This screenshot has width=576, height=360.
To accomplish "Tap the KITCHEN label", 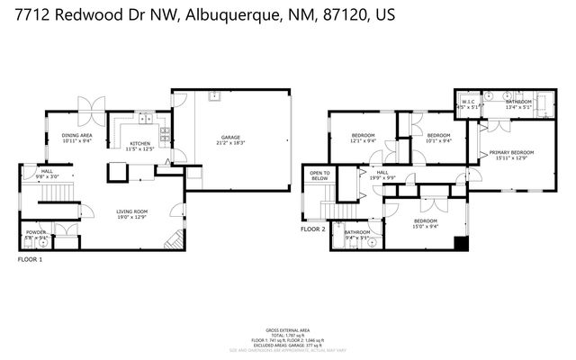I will click(139, 143).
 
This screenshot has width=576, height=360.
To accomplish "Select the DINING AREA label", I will click(77, 136).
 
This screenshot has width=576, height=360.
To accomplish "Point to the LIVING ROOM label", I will click(131, 211).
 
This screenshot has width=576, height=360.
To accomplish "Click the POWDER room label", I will click(36, 231).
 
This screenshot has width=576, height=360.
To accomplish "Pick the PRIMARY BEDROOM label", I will click(511, 153).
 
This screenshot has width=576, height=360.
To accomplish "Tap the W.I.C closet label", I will click(468, 103).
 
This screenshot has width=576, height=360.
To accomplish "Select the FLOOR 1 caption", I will click(30, 259).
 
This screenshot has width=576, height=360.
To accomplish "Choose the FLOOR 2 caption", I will click(312, 229).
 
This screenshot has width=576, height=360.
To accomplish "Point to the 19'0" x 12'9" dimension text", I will click(131, 217).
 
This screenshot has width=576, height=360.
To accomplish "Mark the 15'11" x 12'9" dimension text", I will click(511, 158).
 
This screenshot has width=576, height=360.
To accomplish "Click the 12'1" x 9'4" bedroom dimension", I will click(364, 140).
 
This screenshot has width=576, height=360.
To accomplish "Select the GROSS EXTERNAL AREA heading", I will click(288, 330).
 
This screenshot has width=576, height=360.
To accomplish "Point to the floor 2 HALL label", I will click(382, 172).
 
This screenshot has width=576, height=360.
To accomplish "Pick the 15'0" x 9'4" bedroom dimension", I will click(426, 226).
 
